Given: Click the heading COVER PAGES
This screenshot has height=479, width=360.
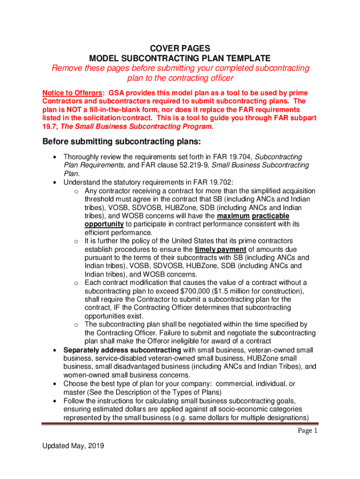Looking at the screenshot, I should (x=180, y=48).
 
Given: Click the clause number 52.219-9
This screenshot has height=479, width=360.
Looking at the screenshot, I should (x=187, y=165).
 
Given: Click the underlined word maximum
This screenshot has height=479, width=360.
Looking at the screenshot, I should (x=233, y=216).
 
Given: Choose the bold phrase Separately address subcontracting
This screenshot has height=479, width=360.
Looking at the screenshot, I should (x=122, y=350).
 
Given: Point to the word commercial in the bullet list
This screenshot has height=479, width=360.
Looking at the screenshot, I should (x=224, y=384).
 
